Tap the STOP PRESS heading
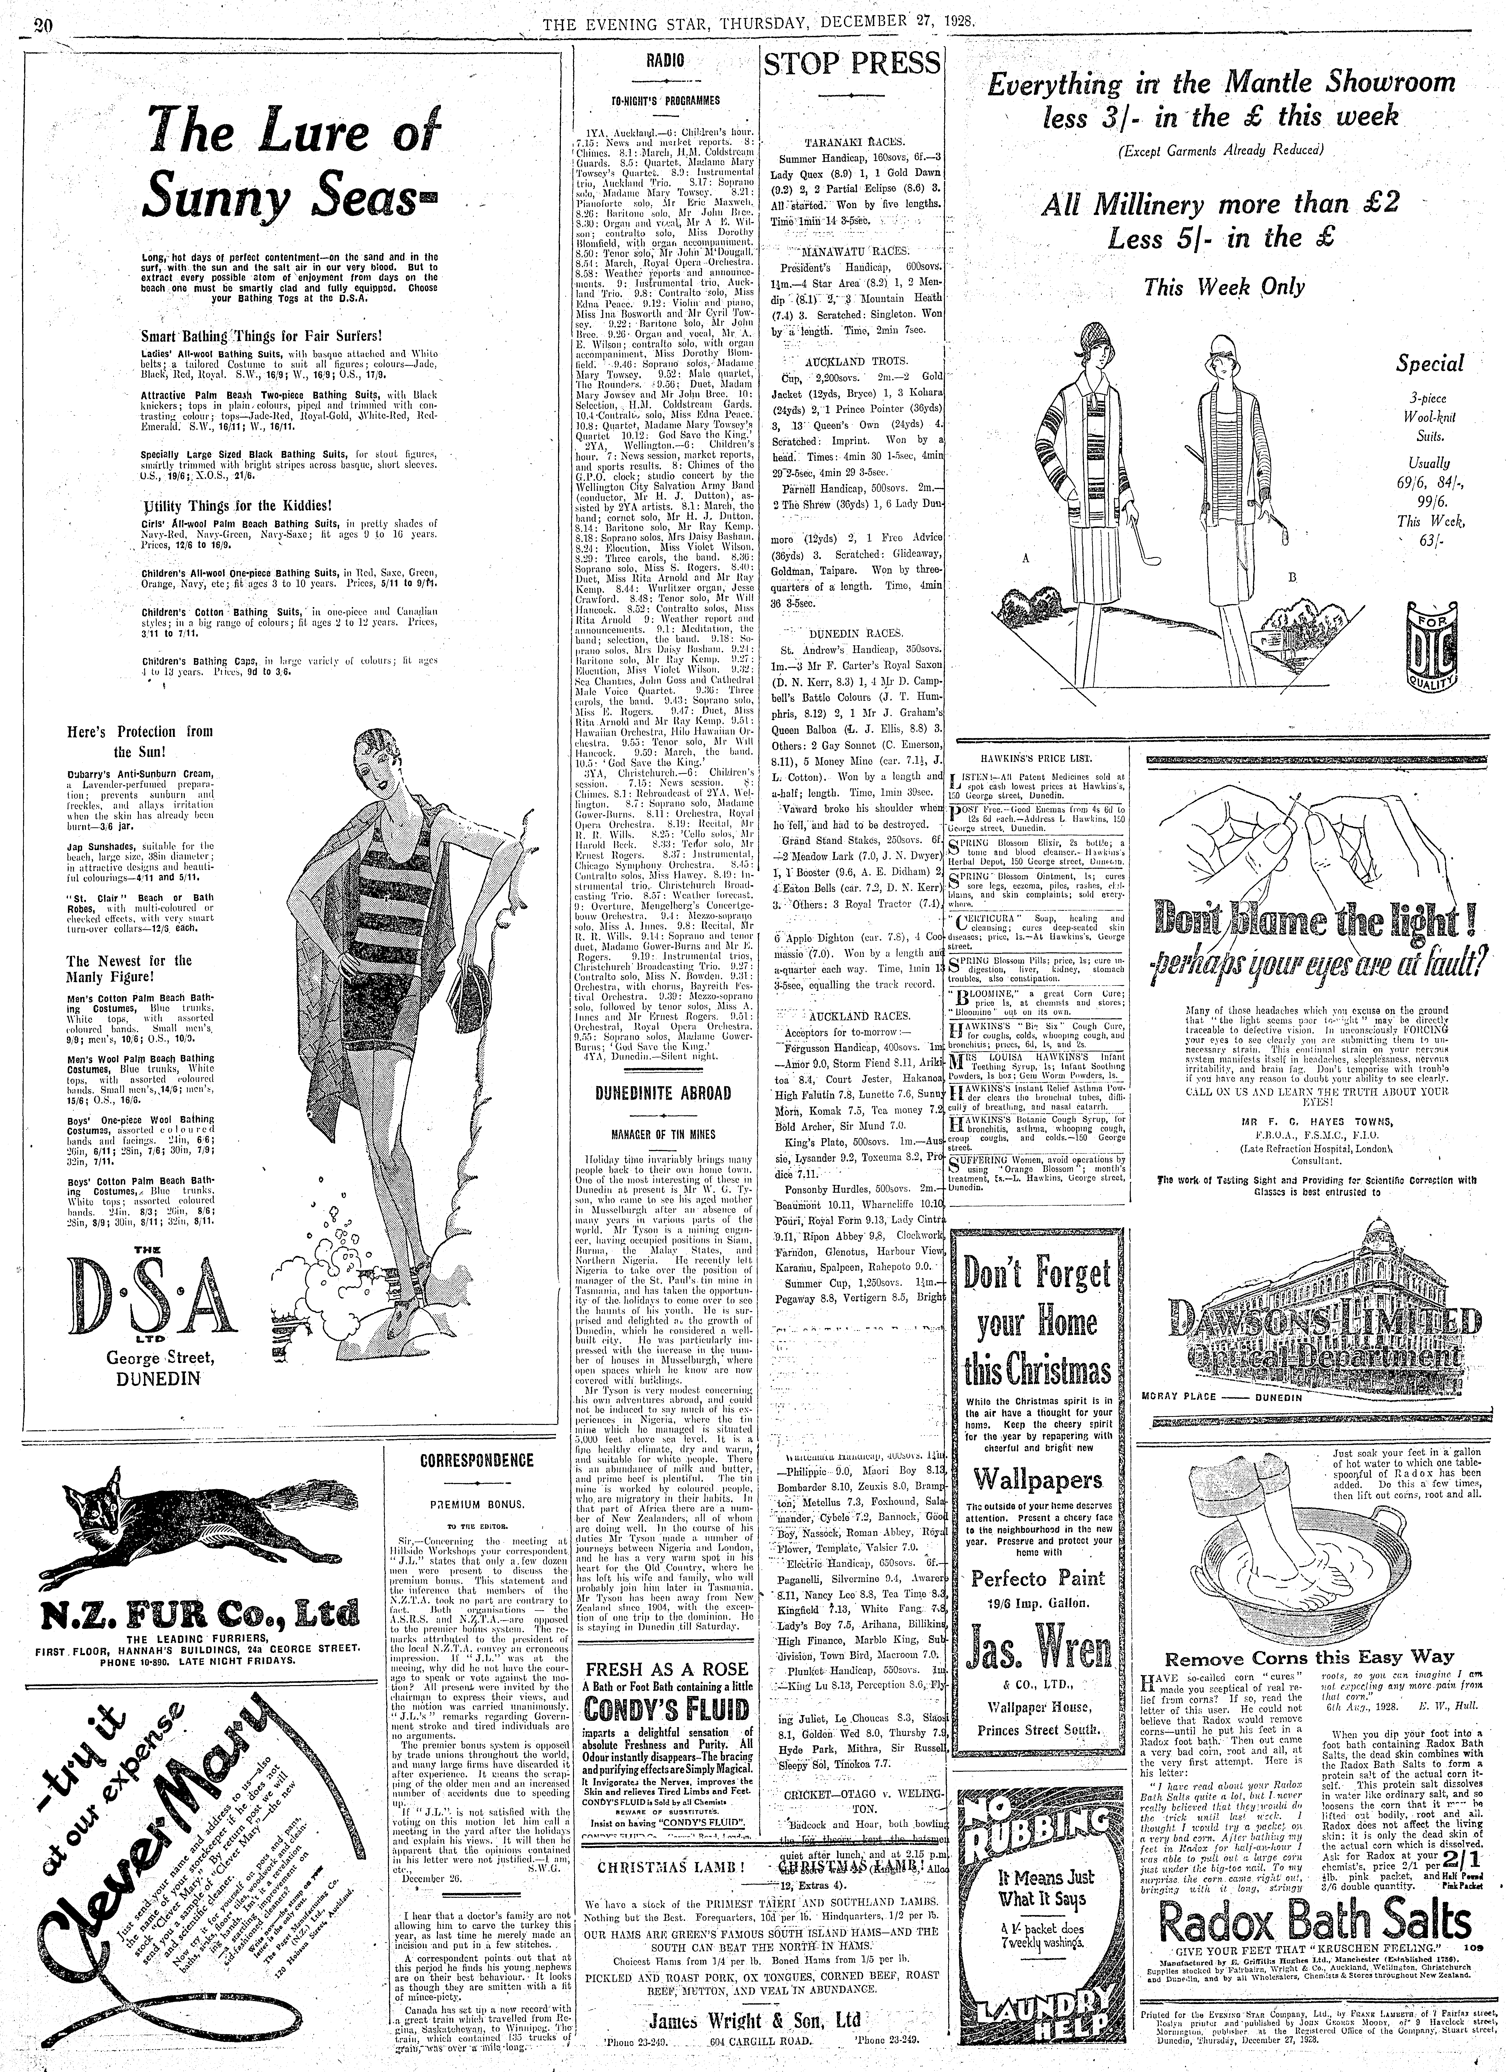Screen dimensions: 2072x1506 click(x=851, y=64)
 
